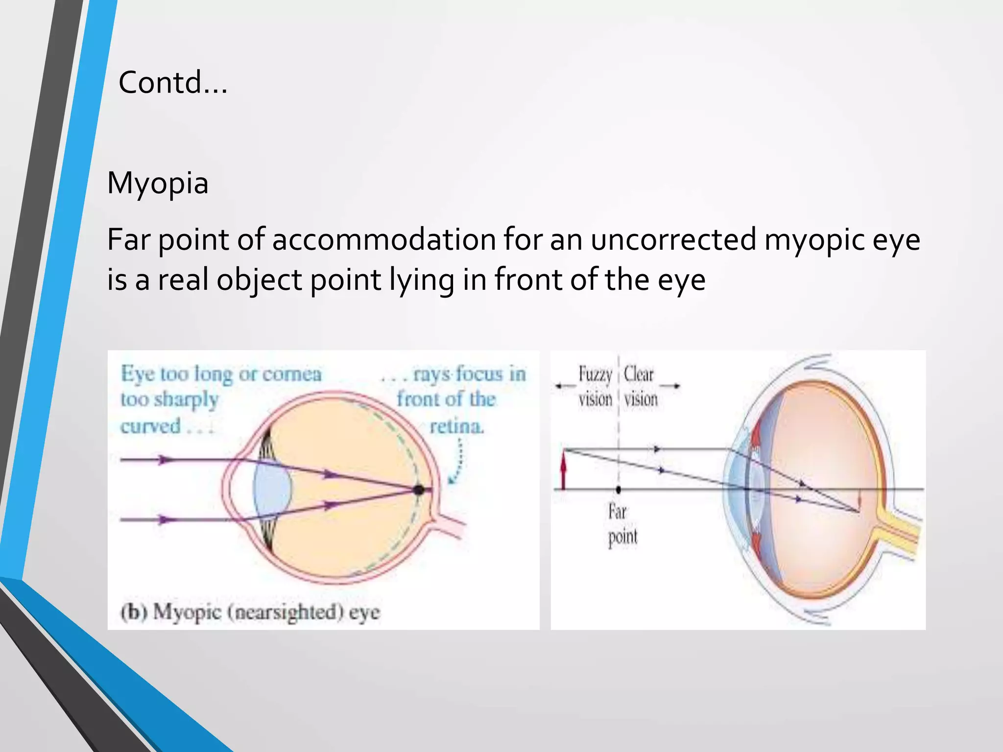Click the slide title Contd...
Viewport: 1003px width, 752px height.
pos(172,82)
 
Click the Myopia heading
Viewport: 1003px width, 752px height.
pos(158,183)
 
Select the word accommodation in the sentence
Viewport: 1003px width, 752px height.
pos(384,239)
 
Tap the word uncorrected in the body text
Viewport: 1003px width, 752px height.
pos(673,239)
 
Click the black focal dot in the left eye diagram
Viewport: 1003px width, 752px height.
pos(418,489)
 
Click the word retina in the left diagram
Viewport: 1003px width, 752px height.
pos(456,426)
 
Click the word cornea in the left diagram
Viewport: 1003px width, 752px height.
pos(292,374)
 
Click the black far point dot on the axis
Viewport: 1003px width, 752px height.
pos(618,489)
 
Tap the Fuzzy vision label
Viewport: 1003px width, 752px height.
pos(595,386)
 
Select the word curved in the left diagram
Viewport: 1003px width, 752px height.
pos(150,426)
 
